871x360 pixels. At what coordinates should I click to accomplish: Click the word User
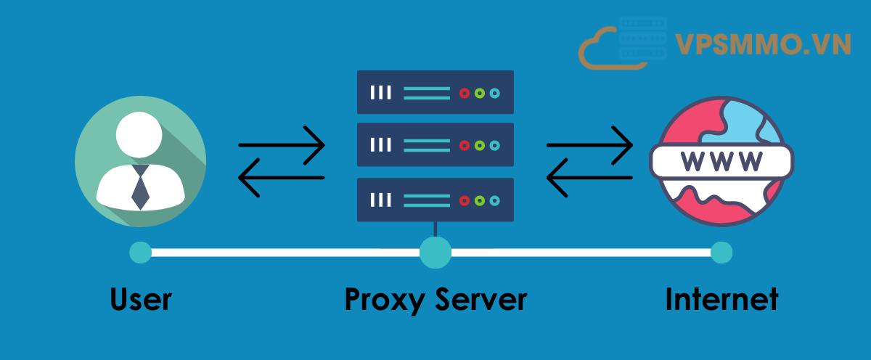coord(141,299)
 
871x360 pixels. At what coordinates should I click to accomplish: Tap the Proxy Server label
coord(435,299)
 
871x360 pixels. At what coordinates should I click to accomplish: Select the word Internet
coord(721,299)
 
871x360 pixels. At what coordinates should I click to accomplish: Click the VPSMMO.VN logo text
coord(763,45)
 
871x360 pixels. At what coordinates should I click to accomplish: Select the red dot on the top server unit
coord(465,92)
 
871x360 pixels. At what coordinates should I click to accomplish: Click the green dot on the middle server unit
coord(480,146)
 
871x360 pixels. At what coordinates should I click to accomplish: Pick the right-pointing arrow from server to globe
coord(589,144)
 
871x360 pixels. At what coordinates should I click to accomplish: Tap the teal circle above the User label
coord(140,253)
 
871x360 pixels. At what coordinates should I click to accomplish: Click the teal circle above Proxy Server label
coord(435,253)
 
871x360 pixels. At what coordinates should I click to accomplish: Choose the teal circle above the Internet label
coord(721,253)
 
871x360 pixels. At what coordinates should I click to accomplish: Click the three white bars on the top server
coord(381,92)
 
